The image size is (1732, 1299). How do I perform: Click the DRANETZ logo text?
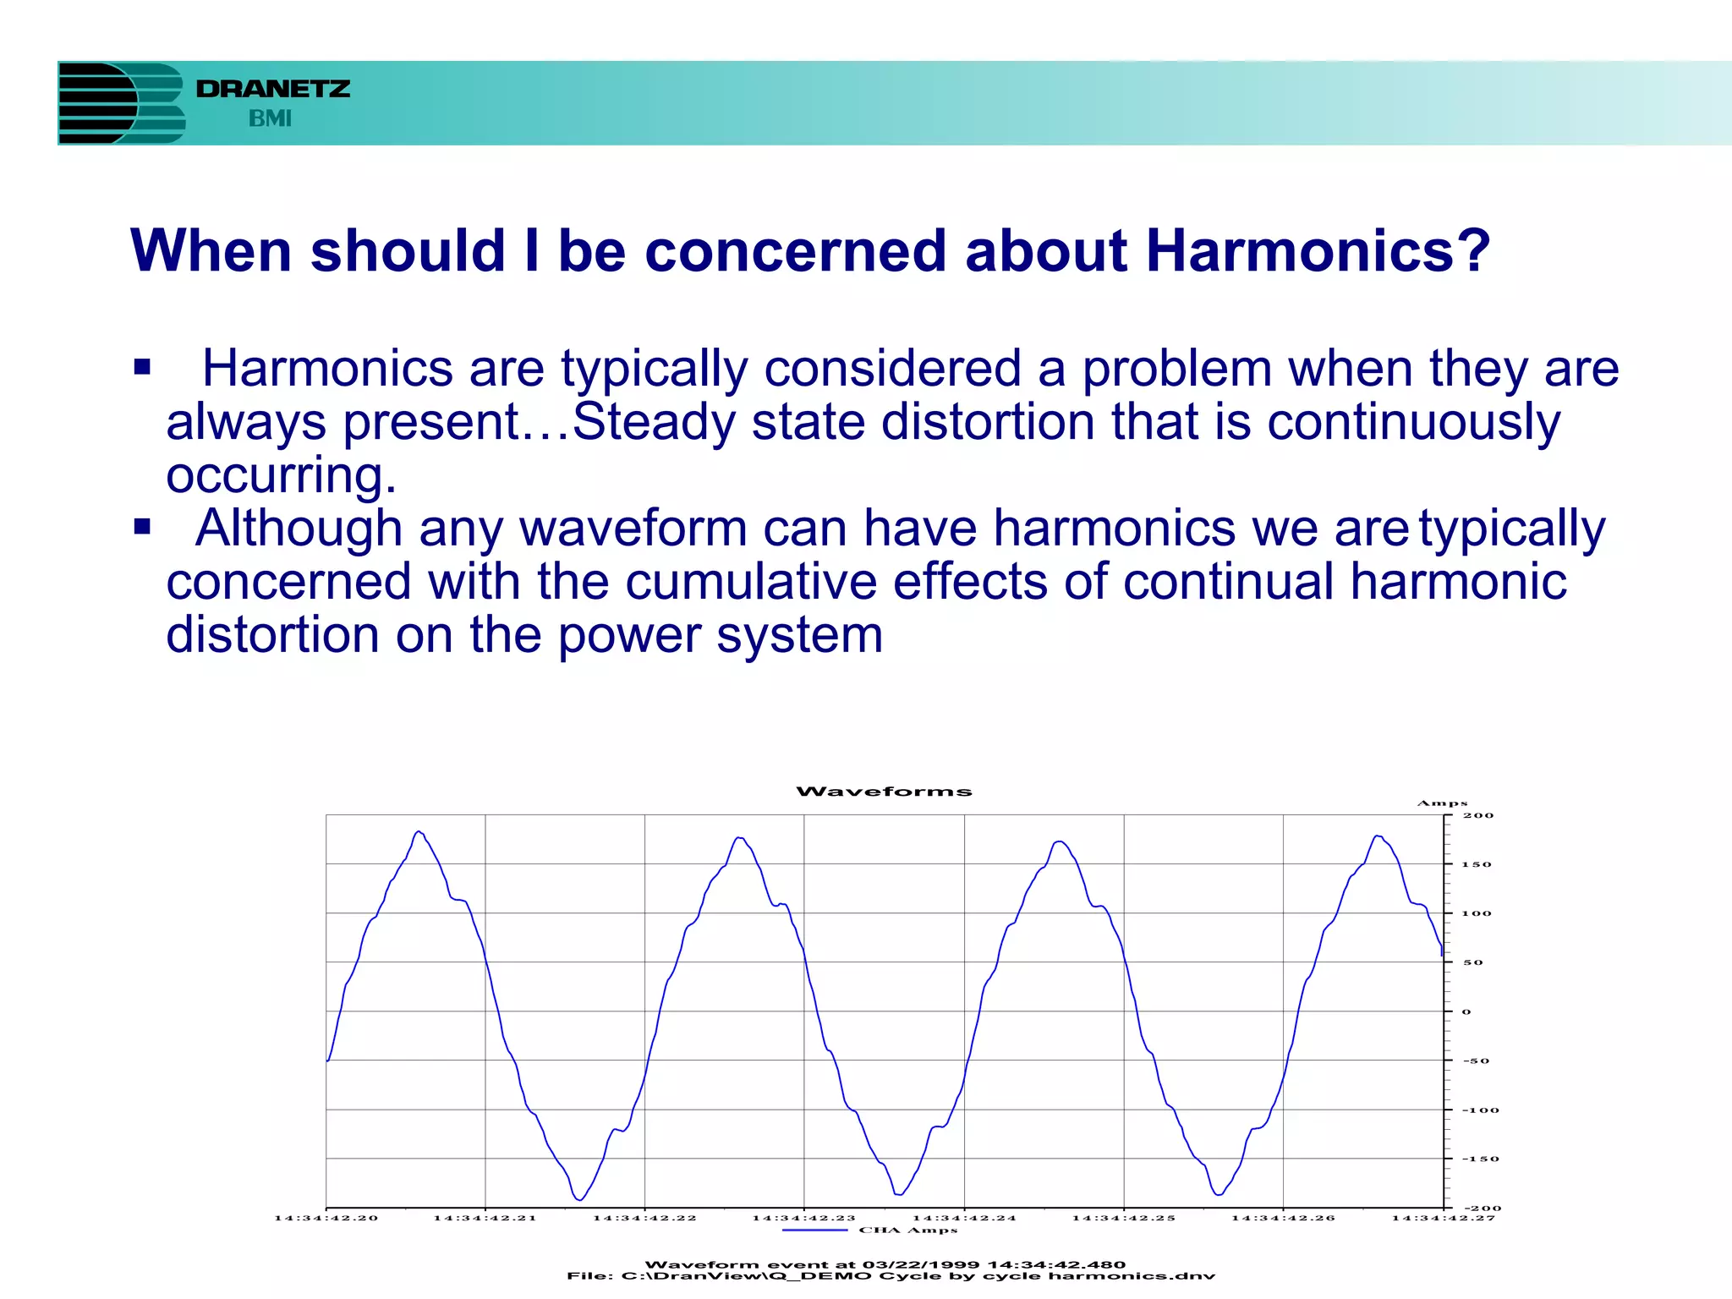[x=272, y=89]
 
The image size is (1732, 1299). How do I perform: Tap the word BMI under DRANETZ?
[x=270, y=119]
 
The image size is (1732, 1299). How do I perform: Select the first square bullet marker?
[x=142, y=368]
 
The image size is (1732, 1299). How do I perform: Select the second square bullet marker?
[x=142, y=528]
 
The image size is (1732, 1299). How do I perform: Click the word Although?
[x=299, y=529]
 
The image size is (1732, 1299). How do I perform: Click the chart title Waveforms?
[x=884, y=792]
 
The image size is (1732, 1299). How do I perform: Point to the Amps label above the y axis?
[x=1442, y=803]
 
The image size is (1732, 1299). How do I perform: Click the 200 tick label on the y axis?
[x=1478, y=816]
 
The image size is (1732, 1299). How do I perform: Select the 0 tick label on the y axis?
[x=1466, y=1011]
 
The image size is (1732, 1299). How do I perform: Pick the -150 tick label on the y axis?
[x=1480, y=1159]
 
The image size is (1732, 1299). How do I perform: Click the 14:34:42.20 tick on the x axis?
[x=326, y=1218]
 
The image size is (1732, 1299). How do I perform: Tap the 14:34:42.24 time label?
[x=964, y=1218]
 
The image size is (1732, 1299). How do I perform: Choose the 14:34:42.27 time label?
[x=1443, y=1218]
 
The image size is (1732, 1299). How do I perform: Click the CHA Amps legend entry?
[x=907, y=1230]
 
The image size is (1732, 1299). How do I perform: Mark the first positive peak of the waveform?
[x=419, y=832]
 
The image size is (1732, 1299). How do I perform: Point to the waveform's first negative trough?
[x=579, y=1199]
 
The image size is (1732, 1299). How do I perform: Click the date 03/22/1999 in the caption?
[x=920, y=1265]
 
